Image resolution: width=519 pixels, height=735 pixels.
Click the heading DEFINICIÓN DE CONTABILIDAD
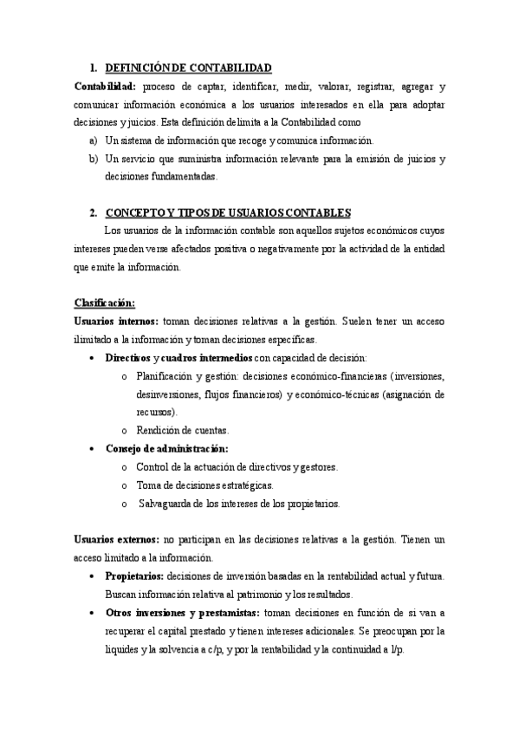(x=188, y=68)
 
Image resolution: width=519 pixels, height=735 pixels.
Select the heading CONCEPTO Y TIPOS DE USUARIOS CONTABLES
(x=228, y=212)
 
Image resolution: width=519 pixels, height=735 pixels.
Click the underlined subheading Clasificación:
(x=105, y=302)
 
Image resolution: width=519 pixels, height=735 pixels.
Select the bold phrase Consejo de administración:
(x=166, y=448)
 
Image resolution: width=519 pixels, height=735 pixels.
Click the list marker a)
(x=94, y=140)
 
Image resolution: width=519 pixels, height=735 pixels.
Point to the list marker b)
(x=94, y=159)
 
